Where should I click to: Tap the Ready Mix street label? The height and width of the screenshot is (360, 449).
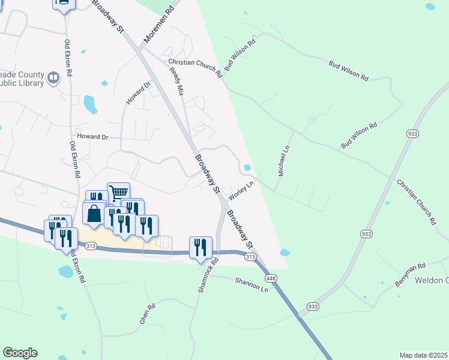pyautogui.click(x=176, y=81)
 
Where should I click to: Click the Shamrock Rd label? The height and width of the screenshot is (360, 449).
pyautogui.click(x=207, y=275)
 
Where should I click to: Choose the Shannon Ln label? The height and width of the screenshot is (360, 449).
pyautogui.click(x=252, y=285)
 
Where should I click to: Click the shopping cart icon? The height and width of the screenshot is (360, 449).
pyautogui.click(x=119, y=192)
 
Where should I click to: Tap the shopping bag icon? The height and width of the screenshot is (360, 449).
pyautogui.click(x=94, y=213)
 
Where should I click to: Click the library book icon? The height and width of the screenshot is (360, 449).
pyautogui.click(x=53, y=78)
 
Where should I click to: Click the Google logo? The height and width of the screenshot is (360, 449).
pyautogui.click(x=20, y=353)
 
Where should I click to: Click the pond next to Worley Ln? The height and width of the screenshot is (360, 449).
pyautogui.click(x=247, y=167)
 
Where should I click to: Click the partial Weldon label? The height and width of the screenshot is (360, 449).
pyautogui.click(x=432, y=281)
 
